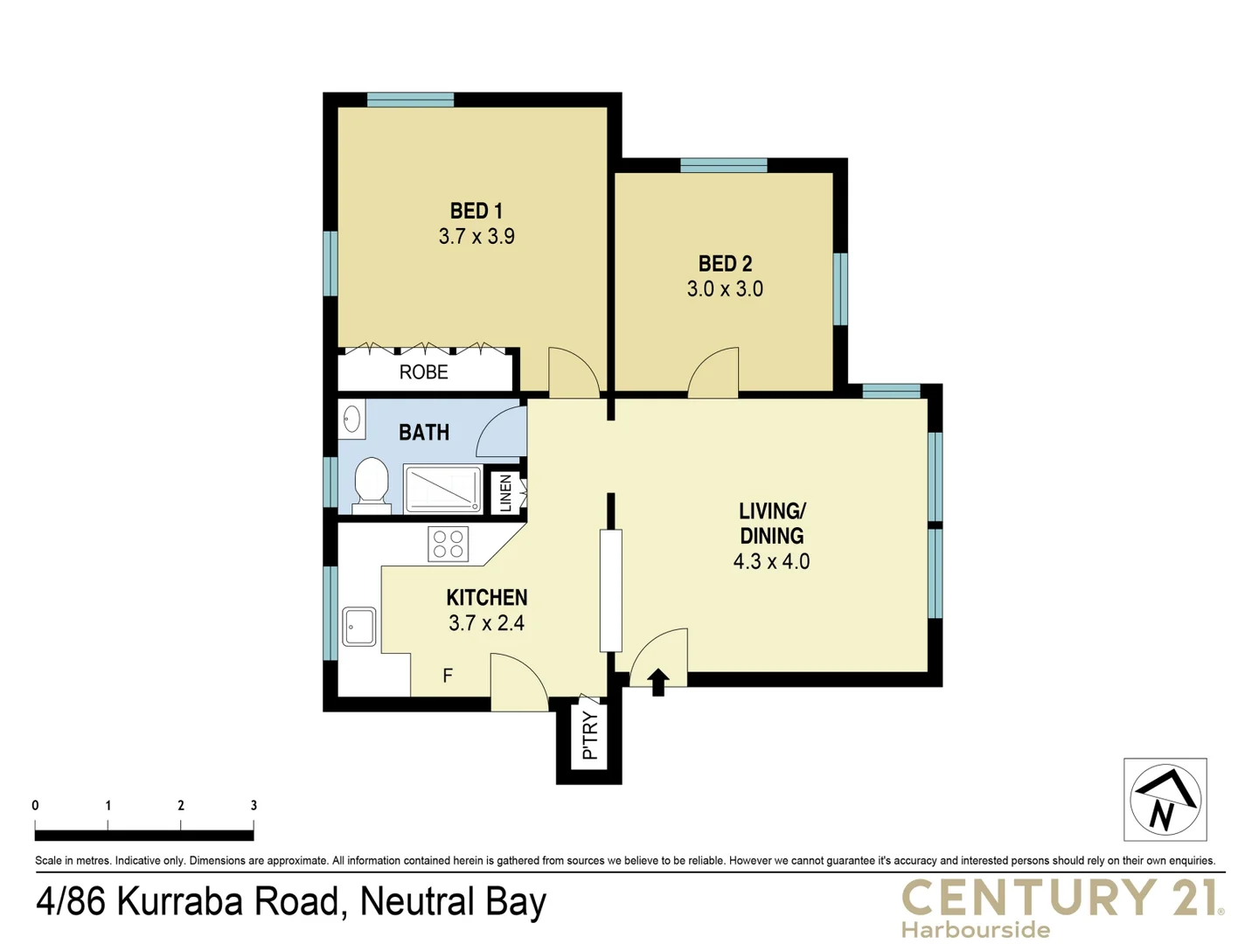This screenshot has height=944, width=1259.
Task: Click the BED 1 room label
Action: (x=476, y=211)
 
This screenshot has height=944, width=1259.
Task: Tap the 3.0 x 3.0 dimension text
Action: (x=725, y=289)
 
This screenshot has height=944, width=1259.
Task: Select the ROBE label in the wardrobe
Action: (x=423, y=372)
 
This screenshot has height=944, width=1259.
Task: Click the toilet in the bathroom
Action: (x=372, y=483)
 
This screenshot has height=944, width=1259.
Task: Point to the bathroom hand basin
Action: (x=351, y=420)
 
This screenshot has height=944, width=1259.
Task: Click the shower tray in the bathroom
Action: (x=443, y=489)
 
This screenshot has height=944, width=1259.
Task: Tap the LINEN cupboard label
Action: (x=505, y=493)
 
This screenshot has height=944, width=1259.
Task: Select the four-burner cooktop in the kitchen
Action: (x=448, y=544)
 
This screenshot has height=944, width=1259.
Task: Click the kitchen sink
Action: (x=358, y=627)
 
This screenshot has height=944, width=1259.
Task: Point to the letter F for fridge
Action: (x=448, y=676)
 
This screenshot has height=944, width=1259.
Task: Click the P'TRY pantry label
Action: (x=590, y=735)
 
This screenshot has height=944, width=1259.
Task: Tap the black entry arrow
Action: (x=658, y=682)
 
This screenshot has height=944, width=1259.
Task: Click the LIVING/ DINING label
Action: (x=771, y=524)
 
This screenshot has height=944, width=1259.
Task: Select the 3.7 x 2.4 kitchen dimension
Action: (x=486, y=623)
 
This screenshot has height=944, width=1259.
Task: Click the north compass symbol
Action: (x=1165, y=800)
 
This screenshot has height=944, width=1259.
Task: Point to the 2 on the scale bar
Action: (x=181, y=806)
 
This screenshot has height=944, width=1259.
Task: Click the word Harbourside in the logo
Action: (x=976, y=929)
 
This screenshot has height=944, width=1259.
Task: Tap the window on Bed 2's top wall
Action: (x=723, y=165)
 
